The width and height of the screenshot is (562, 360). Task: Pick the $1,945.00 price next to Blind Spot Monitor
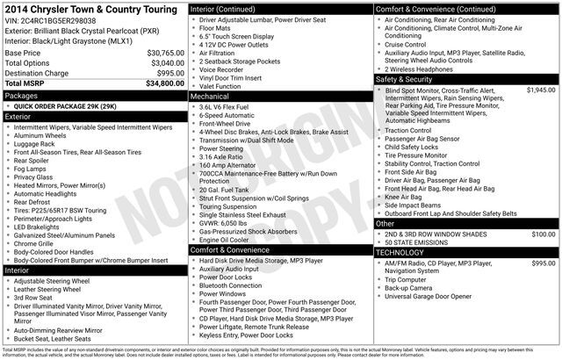(x=540, y=90)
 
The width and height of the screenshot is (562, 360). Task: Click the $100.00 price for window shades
(x=544, y=234)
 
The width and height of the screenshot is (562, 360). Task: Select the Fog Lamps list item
(x=35, y=169)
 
